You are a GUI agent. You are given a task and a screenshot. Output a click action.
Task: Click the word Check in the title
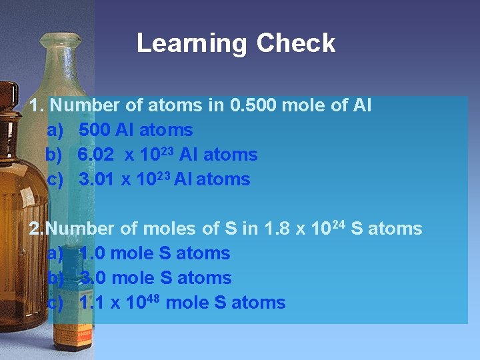(296, 44)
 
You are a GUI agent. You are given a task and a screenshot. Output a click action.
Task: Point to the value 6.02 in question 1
(95, 155)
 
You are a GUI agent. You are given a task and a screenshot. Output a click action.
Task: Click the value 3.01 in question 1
(97, 179)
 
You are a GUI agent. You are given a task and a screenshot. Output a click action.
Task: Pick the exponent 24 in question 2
(337, 224)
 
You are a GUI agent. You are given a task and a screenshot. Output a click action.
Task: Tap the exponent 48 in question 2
(151, 298)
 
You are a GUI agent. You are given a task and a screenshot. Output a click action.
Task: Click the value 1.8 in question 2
(277, 229)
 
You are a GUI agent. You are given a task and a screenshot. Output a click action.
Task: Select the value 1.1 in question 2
(92, 303)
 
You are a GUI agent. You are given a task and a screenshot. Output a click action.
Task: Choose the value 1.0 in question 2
(93, 254)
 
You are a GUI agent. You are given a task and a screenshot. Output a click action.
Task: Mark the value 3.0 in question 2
(94, 279)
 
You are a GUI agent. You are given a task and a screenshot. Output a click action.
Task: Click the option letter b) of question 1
(53, 155)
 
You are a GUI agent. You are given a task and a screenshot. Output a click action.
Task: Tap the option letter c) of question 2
(55, 303)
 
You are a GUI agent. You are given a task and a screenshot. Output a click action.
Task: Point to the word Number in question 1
(83, 105)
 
